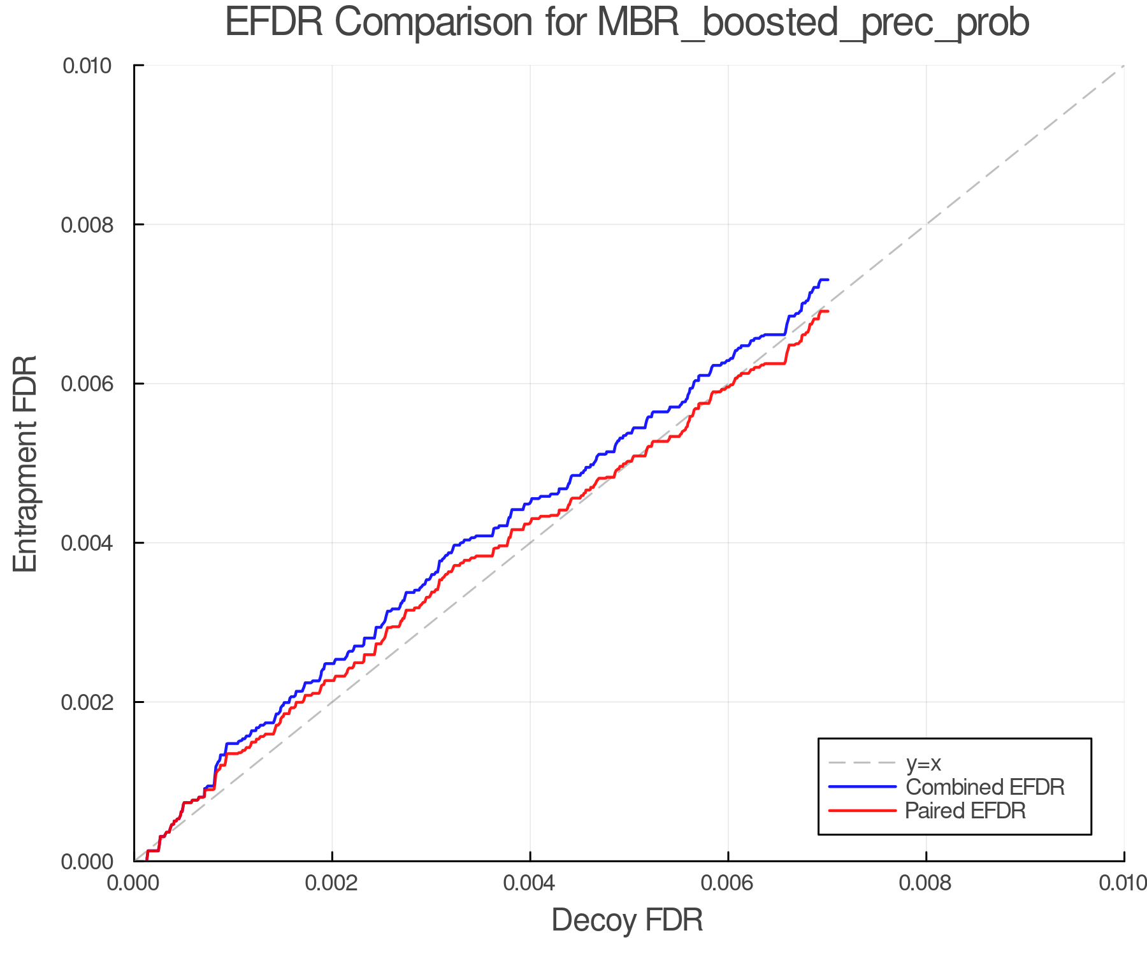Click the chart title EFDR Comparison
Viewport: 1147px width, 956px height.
point(627,23)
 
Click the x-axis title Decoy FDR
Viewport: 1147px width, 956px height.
point(627,920)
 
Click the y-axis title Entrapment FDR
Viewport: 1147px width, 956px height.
point(25,463)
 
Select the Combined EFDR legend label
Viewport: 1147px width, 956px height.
point(985,787)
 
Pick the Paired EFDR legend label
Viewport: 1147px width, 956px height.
point(965,811)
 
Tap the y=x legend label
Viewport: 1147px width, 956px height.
point(923,763)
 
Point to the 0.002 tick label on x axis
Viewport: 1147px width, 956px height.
point(332,883)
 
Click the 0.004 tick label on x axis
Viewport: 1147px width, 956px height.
point(530,883)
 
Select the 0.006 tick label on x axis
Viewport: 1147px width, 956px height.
point(728,883)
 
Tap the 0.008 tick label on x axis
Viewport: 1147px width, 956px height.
point(926,883)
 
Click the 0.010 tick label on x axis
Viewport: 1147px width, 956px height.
point(1123,883)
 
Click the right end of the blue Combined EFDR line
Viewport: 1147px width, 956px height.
point(827,280)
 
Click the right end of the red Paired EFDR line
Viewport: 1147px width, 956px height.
point(827,311)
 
